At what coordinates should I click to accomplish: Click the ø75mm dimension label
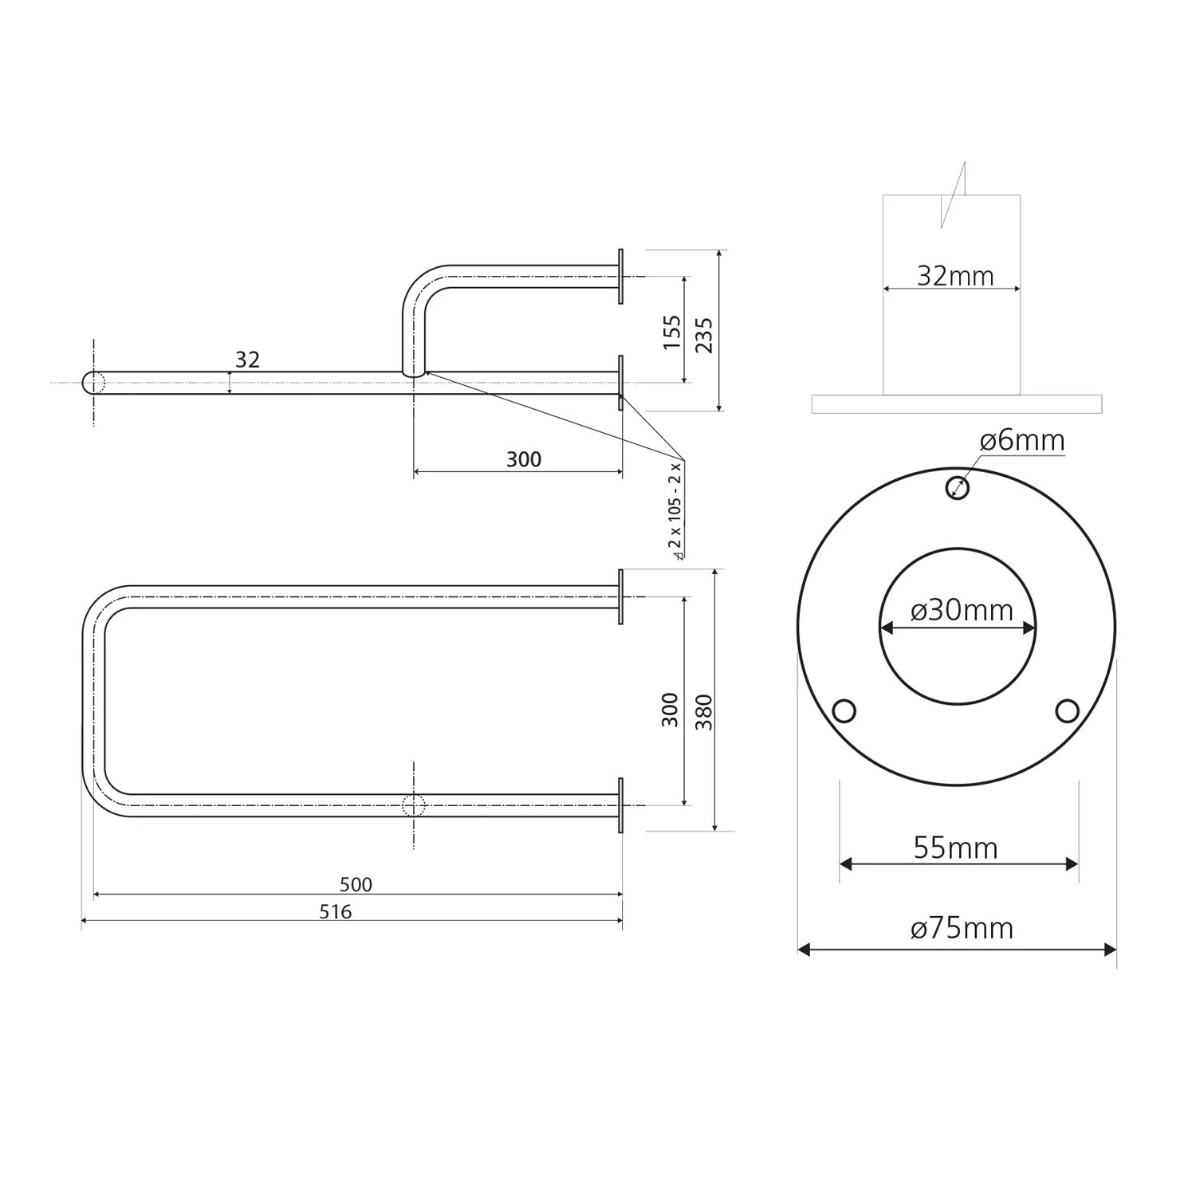[x=962, y=928]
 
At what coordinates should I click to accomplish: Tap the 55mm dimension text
[x=955, y=848]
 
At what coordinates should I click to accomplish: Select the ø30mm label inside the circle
[x=962, y=610]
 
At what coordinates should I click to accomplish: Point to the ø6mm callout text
[x=1022, y=440]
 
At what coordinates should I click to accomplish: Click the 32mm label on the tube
[x=955, y=276]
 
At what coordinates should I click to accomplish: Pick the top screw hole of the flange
[x=958, y=487]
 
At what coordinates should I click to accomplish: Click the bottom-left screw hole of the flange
[x=844, y=710]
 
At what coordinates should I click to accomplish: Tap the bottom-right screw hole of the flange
[x=1067, y=710]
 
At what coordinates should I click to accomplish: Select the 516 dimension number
[x=336, y=912]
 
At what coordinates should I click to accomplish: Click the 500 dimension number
[x=356, y=884]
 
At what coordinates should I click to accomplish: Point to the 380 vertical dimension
[x=703, y=712]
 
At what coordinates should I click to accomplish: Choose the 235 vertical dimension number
[x=703, y=335]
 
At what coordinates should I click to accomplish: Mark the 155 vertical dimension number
[x=672, y=332]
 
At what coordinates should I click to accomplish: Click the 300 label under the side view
[x=524, y=459]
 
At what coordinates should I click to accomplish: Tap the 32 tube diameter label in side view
[x=247, y=360]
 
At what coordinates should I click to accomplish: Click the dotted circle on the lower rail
[x=414, y=805]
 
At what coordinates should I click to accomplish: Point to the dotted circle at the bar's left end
[x=94, y=383]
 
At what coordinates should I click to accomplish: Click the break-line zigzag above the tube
[x=954, y=195]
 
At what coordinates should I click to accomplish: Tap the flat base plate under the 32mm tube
[x=957, y=404]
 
